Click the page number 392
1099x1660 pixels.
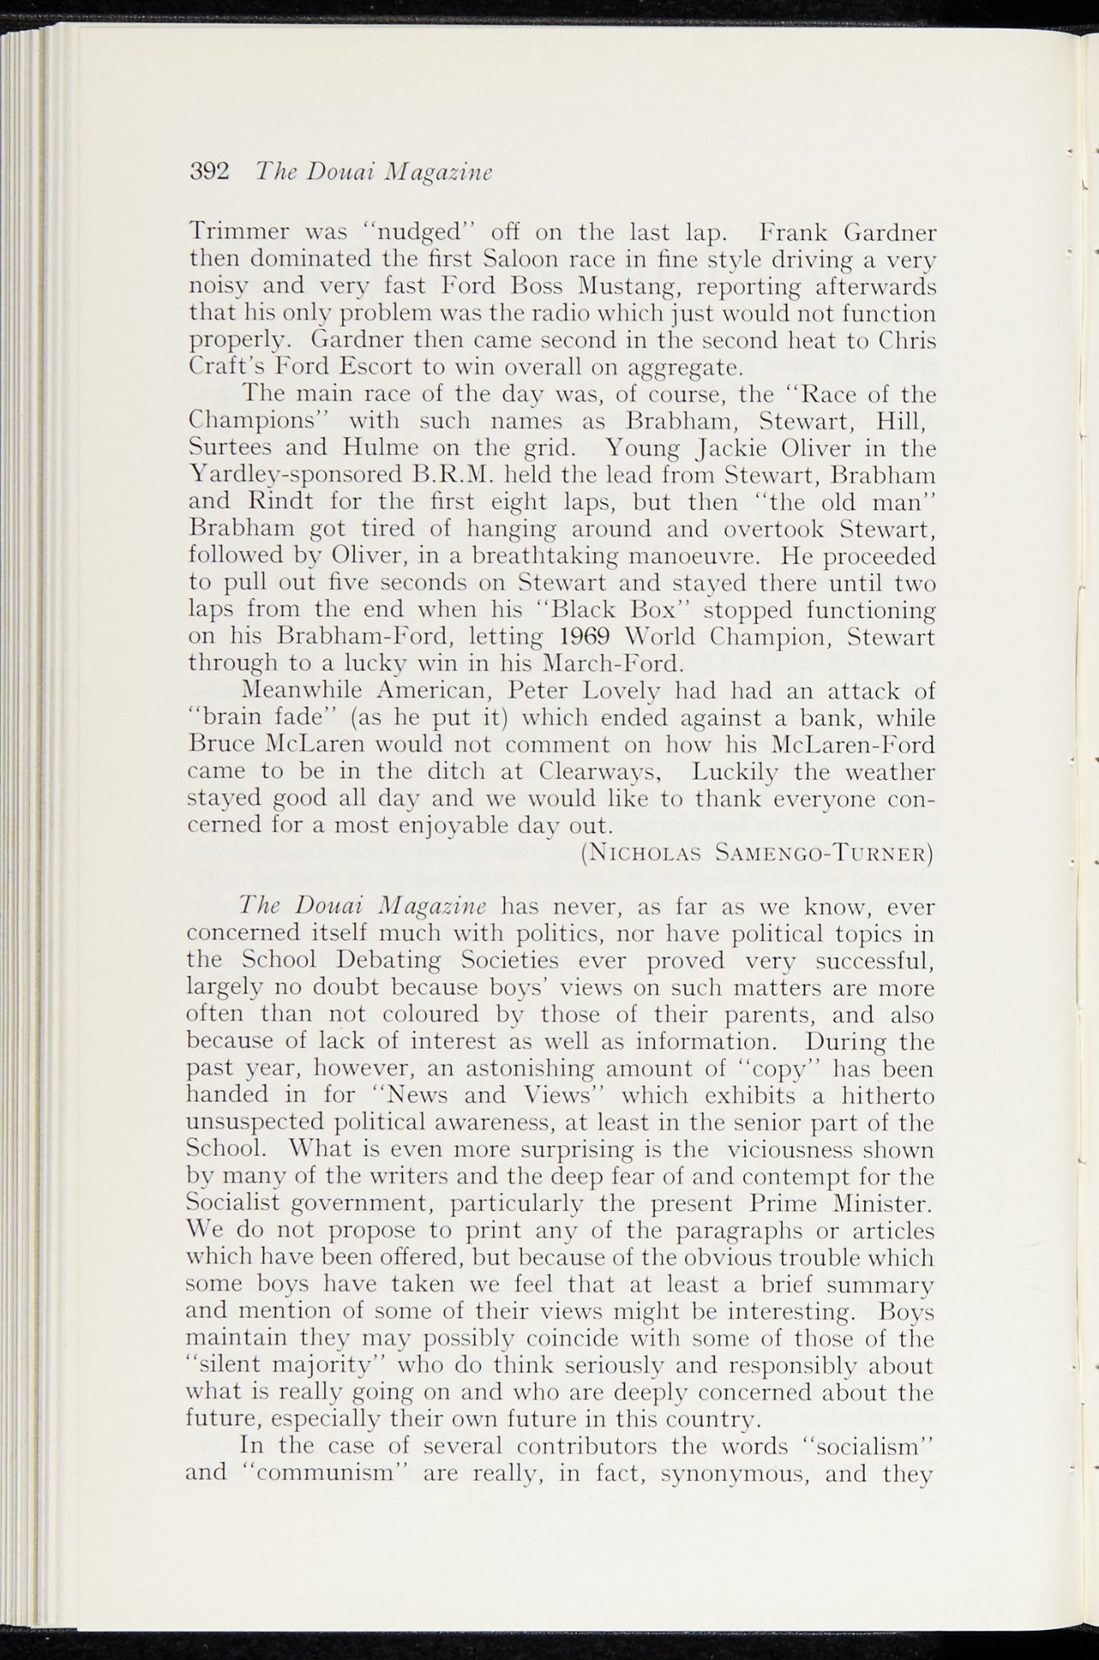coord(210,173)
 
